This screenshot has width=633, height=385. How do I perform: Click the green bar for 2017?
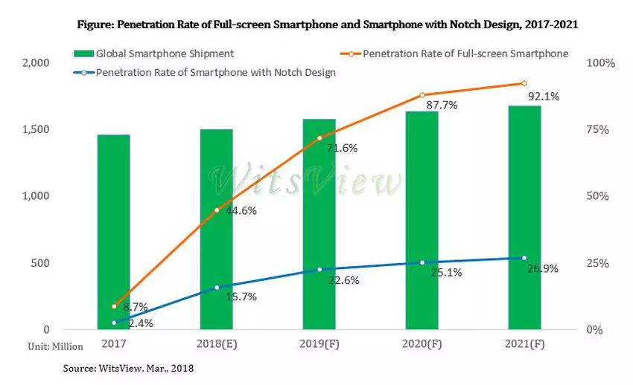tap(113, 232)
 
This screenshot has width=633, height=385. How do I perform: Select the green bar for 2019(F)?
tap(319, 224)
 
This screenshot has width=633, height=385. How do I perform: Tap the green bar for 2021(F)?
tap(524, 217)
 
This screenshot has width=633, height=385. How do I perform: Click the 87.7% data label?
tap(442, 106)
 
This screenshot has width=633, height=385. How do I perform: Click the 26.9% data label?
tap(544, 268)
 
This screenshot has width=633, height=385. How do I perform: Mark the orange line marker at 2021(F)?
tap(524, 83)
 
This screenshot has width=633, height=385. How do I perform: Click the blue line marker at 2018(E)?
tap(217, 288)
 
